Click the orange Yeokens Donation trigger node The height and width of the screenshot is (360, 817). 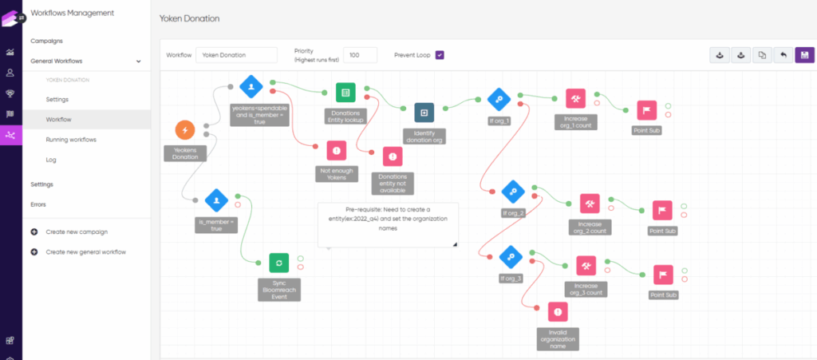(185, 129)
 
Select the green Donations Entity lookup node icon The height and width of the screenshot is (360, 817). (345, 93)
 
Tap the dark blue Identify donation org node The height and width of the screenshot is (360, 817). (424, 112)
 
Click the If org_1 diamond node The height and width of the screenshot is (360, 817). (499, 99)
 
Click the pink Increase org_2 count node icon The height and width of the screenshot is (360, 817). (590, 204)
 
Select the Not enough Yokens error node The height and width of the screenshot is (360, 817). (337, 150)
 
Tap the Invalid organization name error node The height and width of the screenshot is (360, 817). (558, 312)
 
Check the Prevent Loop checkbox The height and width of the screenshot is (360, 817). (439, 55)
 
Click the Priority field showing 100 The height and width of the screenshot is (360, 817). (360, 55)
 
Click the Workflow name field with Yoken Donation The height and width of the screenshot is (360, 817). (236, 55)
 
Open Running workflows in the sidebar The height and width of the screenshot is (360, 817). (71, 140)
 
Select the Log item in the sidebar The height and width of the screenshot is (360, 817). (51, 160)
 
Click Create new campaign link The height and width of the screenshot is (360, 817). (77, 231)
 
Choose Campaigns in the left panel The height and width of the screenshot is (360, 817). (46, 41)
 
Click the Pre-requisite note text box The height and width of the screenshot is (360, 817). (389, 224)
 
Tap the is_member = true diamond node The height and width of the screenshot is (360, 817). (216, 199)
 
